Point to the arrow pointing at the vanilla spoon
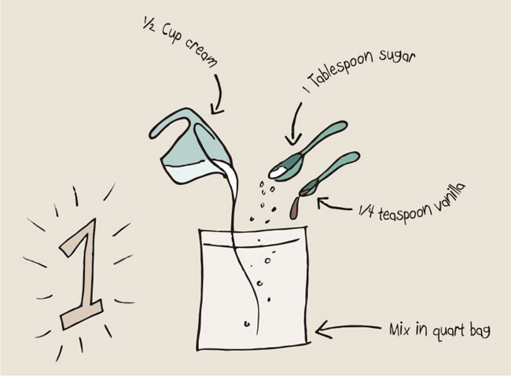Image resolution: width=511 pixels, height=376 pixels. pyautogui.click(x=334, y=206)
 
